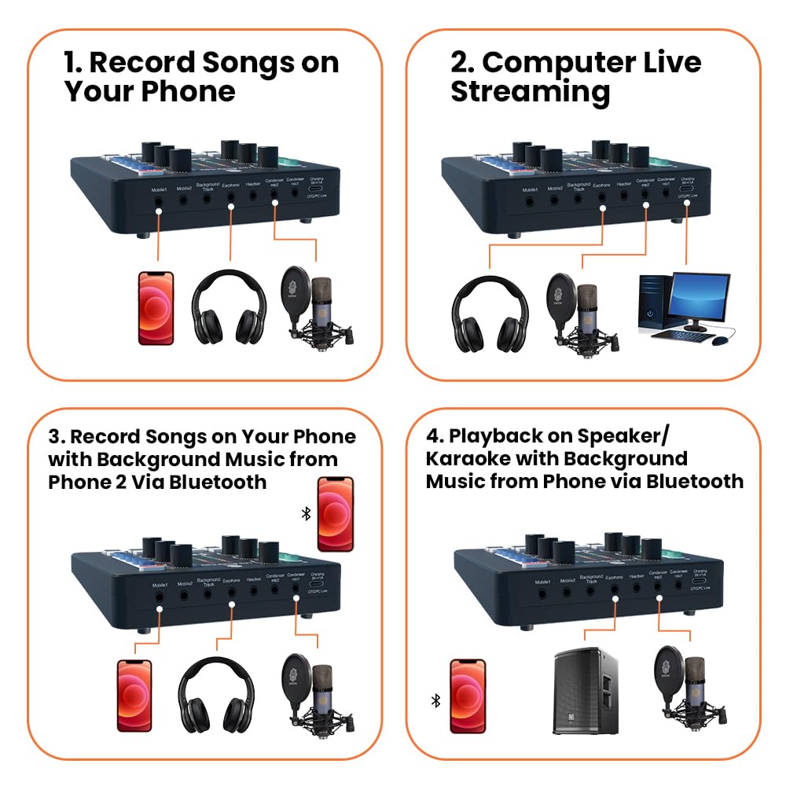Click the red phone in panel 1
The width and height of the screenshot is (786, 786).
[156, 307]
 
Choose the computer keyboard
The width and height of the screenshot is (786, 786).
[681, 336]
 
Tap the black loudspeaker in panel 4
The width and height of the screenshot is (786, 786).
[585, 691]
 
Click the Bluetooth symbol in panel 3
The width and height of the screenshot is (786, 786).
[306, 513]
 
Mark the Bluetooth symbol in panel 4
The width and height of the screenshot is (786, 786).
[435, 700]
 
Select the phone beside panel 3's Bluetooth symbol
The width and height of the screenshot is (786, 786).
[335, 514]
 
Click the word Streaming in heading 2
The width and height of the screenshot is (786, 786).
[530, 92]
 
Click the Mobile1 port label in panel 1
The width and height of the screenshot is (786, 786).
[160, 189]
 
